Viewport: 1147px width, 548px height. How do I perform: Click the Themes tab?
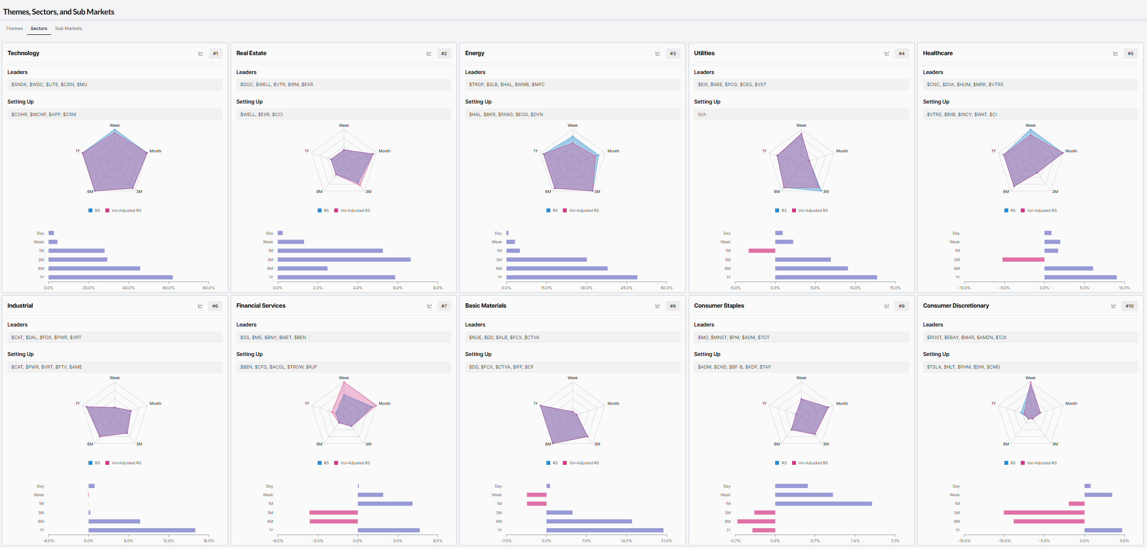tap(14, 29)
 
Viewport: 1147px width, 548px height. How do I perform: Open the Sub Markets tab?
tap(69, 29)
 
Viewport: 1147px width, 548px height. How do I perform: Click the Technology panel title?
tap(23, 53)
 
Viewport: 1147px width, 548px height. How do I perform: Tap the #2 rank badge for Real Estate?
tap(444, 54)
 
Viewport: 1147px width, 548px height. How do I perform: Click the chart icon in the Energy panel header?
tap(658, 54)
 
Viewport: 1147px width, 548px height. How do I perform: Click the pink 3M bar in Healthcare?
tap(1023, 260)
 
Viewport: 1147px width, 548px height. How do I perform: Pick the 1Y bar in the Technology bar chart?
tap(111, 277)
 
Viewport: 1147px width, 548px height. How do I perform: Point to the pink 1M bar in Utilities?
tap(762, 251)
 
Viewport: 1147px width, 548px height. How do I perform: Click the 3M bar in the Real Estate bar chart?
tap(344, 260)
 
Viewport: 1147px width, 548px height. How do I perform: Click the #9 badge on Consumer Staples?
tap(901, 306)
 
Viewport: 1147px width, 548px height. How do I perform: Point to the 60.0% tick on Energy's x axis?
tap(666, 288)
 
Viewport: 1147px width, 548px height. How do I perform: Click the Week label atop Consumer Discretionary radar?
tap(1030, 378)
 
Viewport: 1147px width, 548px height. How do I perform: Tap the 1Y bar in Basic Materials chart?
tap(605, 530)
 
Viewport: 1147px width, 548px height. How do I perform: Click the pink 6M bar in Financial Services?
tap(334, 521)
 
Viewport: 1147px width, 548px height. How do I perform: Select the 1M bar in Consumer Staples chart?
tap(823, 504)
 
